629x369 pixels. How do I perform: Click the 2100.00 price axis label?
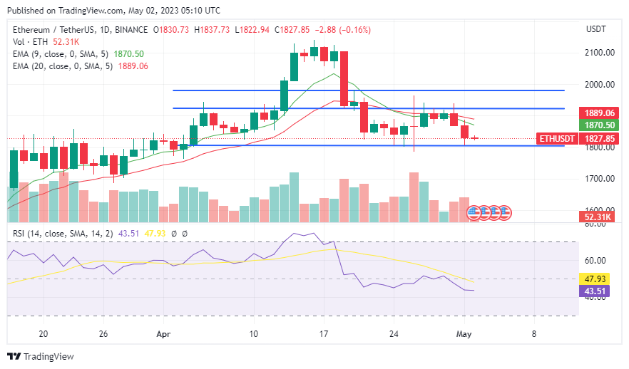pyautogui.click(x=600, y=53)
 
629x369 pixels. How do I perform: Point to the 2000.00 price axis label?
pyautogui.click(x=600, y=84)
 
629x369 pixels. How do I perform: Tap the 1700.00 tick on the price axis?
pyautogui.click(x=600, y=179)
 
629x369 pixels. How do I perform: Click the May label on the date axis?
pyautogui.click(x=464, y=333)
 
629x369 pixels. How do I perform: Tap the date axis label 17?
pyautogui.click(x=324, y=333)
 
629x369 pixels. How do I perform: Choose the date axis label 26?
pyautogui.click(x=104, y=333)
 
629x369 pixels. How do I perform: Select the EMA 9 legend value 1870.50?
pyautogui.click(x=128, y=54)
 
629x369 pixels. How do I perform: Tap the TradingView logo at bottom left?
pyautogui.click(x=41, y=356)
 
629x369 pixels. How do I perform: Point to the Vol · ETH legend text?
pyautogui.click(x=27, y=42)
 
